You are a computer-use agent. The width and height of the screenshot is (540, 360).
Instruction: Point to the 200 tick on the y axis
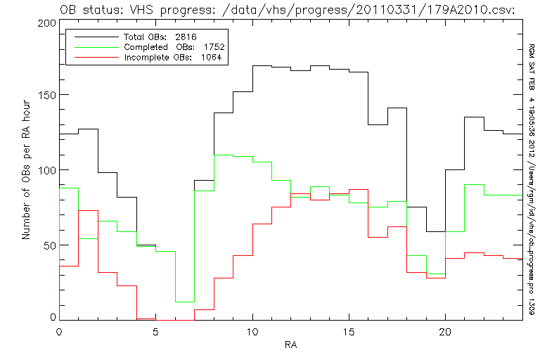click(x=46, y=22)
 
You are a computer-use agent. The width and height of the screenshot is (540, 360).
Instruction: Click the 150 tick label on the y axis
click(x=46, y=96)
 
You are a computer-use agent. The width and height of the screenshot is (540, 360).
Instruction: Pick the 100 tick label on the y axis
click(x=46, y=170)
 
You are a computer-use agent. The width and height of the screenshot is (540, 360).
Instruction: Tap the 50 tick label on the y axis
click(x=49, y=245)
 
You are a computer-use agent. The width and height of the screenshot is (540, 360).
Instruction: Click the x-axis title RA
click(x=290, y=345)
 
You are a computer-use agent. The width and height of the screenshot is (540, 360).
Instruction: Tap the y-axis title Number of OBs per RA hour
click(x=26, y=172)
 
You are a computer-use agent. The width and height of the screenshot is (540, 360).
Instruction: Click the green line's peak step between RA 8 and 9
click(x=224, y=155)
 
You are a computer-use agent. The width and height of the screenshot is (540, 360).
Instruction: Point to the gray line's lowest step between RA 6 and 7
click(x=185, y=302)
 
